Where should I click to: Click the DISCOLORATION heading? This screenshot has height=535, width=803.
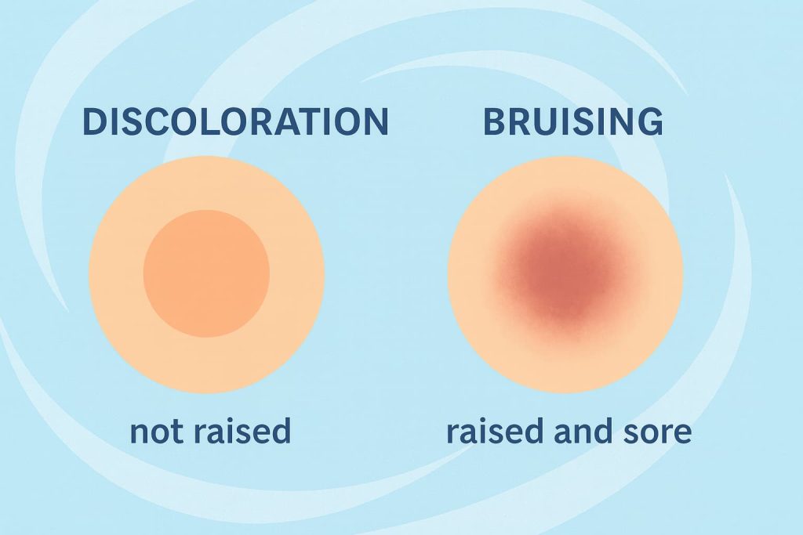(235, 122)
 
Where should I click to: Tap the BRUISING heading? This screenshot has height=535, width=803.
(572, 122)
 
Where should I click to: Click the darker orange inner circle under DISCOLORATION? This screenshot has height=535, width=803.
(206, 273)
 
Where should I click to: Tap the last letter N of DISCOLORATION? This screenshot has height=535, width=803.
(375, 122)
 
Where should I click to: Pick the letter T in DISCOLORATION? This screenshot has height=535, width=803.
(301, 122)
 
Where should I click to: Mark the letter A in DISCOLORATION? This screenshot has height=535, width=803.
(278, 122)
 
